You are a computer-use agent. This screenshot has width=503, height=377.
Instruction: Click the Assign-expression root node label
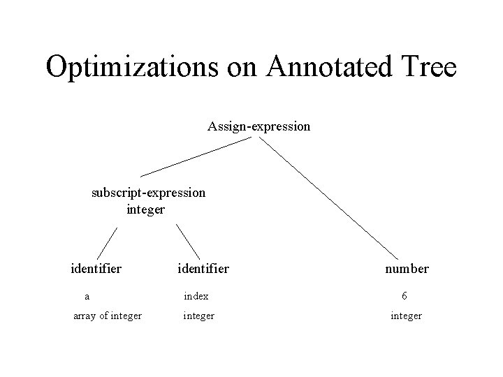point(258,126)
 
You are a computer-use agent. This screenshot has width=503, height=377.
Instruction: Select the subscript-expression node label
point(148,192)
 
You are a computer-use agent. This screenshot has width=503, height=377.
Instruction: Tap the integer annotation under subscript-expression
point(146,209)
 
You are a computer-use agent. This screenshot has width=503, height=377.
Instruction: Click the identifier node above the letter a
point(96,268)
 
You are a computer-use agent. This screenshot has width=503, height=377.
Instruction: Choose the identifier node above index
point(203,268)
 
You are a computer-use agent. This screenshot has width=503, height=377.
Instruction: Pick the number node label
point(406,268)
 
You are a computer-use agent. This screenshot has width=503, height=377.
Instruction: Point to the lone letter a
point(85,295)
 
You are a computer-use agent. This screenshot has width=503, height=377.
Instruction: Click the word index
point(196,296)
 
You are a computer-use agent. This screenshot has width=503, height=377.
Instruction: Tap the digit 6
point(405,295)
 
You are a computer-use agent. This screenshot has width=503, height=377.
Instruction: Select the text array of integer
point(108,316)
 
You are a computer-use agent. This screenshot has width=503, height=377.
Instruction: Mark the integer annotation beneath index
point(198,316)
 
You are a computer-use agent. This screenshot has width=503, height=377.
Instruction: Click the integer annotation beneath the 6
point(406,316)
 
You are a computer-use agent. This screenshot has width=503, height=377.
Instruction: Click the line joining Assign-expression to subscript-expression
point(196,156)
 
